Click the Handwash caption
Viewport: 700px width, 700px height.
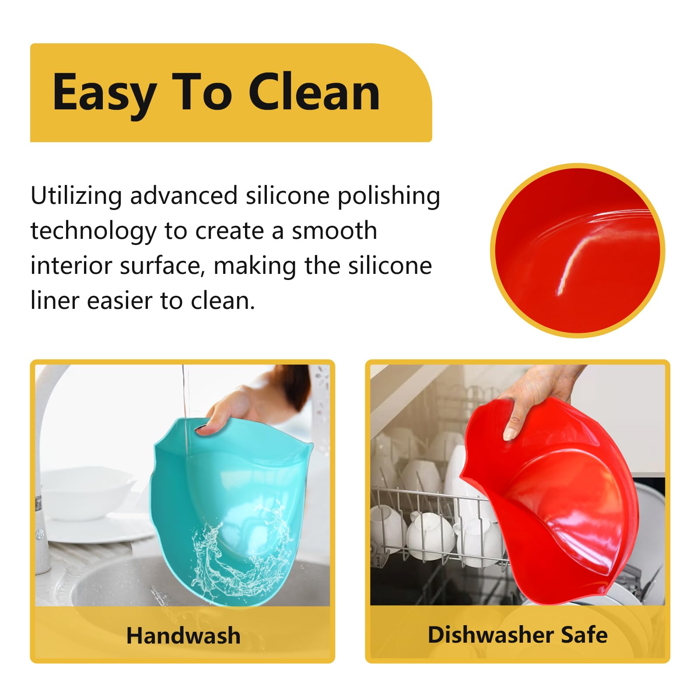(x=183, y=635)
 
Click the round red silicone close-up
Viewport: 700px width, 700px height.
(x=577, y=250)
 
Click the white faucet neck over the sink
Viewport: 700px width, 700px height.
(x=48, y=420)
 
